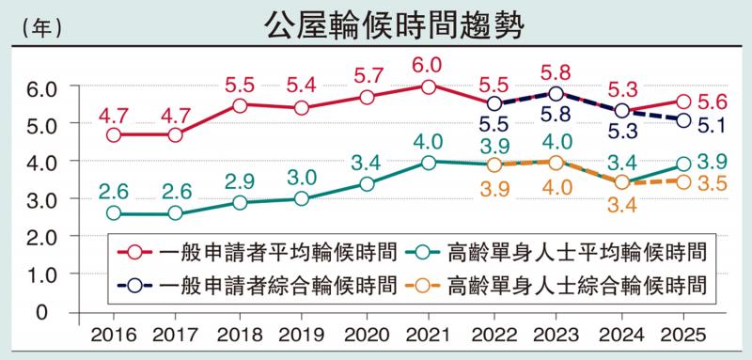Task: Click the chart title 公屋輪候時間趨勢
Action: click(376, 25)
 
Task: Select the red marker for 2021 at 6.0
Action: click(429, 86)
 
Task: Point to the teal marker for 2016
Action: click(114, 213)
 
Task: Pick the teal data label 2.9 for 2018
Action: click(239, 180)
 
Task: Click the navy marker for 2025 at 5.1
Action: click(682, 120)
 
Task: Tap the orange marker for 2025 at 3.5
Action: click(682, 181)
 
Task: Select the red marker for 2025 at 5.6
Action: click(682, 102)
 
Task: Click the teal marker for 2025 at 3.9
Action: click(682, 164)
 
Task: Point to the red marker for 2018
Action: click(240, 105)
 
